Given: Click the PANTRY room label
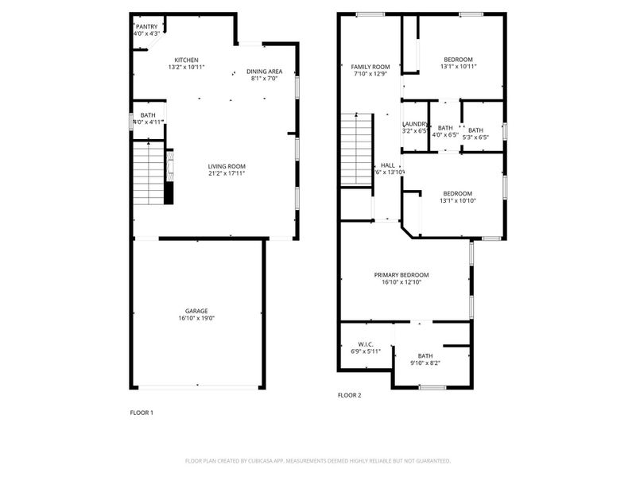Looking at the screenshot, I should pyautogui.click(x=147, y=26).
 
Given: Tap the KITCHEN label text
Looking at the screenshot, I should pyautogui.click(x=186, y=60).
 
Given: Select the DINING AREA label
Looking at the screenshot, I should pyautogui.click(x=263, y=71).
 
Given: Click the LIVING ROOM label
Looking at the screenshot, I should pyautogui.click(x=226, y=166).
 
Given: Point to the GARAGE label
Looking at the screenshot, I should pyautogui.click(x=196, y=311).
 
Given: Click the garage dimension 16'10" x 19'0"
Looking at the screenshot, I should pyautogui.click(x=196, y=318).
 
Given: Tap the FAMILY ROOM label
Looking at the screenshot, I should pyautogui.click(x=370, y=67).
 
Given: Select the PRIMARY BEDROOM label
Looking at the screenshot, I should pyautogui.click(x=405, y=274).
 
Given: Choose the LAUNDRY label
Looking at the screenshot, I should pyautogui.click(x=415, y=124).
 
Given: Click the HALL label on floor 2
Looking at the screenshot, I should pyautogui.click(x=388, y=165).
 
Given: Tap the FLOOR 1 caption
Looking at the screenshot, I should pyautogui.click(x=142, y=413).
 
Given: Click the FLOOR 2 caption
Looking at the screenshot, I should pyautogui.click(x=349, y=395).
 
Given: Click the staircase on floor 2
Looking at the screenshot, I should pyautogui.click(x=356, y=149).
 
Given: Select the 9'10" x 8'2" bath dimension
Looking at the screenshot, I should pyautogui.click(x=425, y=363).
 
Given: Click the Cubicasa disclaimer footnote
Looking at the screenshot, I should pyautogui.click(x=318, y=460).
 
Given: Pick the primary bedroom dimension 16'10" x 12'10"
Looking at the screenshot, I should pyautogui.click(x=405, y=281).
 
